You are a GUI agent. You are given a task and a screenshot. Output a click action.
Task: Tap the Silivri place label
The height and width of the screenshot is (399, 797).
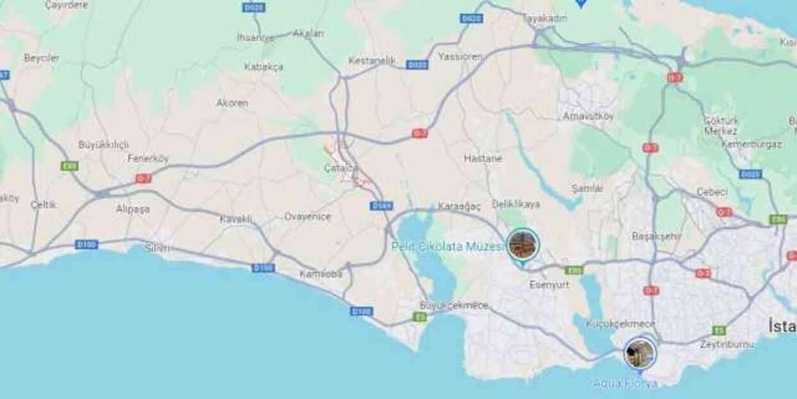click(x=157, y=248)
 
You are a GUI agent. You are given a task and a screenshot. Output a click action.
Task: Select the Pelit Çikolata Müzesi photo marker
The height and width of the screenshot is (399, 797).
click(x=523, y=245)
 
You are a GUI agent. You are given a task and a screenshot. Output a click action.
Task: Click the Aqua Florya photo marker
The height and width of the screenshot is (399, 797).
click(x=640, y=354)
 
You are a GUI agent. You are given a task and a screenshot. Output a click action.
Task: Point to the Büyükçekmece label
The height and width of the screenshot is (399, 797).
click(x=454, y=305)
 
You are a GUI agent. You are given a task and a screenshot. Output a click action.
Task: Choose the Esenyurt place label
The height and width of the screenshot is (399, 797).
click(x=549, y=284)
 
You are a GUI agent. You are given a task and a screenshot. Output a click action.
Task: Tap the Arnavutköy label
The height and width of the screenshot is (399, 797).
click(x=588, y=116)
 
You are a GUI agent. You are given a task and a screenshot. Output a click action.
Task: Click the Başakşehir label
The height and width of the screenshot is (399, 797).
click(x=656, y=236)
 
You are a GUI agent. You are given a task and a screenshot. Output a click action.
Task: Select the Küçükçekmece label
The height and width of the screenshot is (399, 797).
click(x=620, y=323)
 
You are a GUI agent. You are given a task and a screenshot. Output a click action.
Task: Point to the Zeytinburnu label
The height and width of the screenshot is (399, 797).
click(x=727, y=344)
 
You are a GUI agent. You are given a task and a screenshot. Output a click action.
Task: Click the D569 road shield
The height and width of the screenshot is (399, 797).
click(x=382, y=206)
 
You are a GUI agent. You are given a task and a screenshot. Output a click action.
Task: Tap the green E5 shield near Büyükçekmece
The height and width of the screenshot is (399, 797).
click(x=420, y=316)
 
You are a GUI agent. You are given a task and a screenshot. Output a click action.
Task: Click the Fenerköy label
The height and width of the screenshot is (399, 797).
click(x=148, y=158)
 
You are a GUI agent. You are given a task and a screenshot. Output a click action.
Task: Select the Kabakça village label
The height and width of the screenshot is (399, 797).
click(x=263, y=67)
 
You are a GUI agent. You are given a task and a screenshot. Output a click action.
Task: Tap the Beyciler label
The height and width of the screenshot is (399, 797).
click(x=42, y=58)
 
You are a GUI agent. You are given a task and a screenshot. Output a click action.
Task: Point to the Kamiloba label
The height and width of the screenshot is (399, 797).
click(x=321, y=273)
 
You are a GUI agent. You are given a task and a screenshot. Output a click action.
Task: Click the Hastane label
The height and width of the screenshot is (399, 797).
click(x=483, y=158)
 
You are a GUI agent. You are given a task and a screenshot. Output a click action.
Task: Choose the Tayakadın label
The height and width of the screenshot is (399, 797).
click(x=545, y=19)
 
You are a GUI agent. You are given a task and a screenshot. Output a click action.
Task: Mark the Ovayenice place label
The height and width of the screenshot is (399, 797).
click(x=308, y=216)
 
